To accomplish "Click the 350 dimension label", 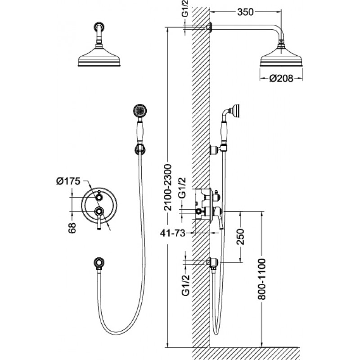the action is pyautogui.click(x=245, y=12).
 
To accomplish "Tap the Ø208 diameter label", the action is pyautogui.click(x=281, y=78).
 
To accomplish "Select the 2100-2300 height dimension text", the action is pyautogui.click(x=168, y=187).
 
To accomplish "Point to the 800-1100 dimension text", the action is pyautogui.click(x=261, y=279).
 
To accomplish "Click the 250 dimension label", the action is pyautogui.click(x=240, y=237).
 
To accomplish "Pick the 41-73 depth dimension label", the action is pyautogui.click(x=173, y=233).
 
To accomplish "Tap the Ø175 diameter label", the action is pyautogui.click(x=68, y=181).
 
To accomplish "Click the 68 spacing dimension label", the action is pyautogui.click(x=72, y=228).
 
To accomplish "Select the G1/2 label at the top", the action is pyautogui.click(x=185, y=9).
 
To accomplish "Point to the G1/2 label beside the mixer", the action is pyautogui.click(x=182, y=188).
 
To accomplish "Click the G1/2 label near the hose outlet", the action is pyautogui.click(x=185, y=285).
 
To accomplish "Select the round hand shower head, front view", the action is pyautogui.click(x=140, y=111).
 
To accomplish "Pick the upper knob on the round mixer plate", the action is pyautogui.click(x=99, y=197).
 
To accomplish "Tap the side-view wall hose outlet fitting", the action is pyautogui.click(x=213, y=262).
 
